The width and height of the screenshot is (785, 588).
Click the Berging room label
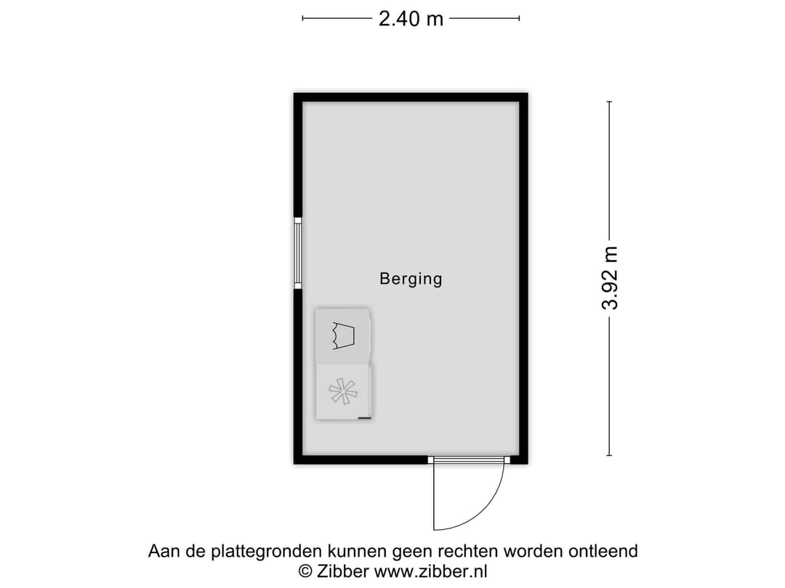411,278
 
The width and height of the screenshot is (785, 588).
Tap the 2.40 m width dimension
411,19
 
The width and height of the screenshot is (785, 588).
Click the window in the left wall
297,253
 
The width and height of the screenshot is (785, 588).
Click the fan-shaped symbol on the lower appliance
343,392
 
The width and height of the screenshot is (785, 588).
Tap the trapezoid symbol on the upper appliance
343,335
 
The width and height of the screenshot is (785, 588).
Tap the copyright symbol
306,571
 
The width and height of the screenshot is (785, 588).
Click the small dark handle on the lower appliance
365,418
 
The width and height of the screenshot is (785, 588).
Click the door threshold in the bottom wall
468,460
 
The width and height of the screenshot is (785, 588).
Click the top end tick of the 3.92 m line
609,102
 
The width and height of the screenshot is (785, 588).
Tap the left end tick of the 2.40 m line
302,19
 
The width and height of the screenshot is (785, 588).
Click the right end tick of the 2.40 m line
519,19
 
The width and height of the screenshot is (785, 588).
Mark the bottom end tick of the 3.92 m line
609,455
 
